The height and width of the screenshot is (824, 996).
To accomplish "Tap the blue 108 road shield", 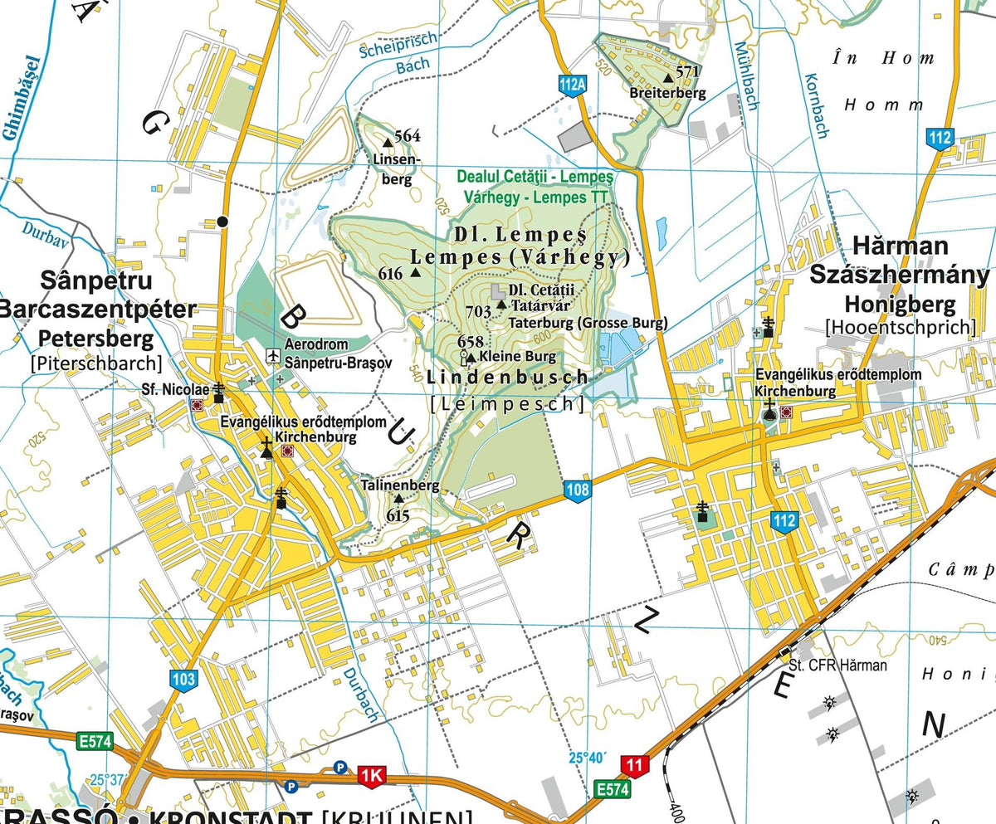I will click(578, 490).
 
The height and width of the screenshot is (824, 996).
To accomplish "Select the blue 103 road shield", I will click(184, 680).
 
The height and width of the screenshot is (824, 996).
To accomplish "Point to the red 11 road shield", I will click(634, 766).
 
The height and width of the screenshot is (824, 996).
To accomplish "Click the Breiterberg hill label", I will click(667, 93).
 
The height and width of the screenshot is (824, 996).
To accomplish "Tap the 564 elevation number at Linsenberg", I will click(408, 136).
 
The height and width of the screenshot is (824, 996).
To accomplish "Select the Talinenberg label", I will click(400, 485).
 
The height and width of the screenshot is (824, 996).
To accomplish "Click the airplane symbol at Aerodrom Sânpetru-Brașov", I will click(271, 355).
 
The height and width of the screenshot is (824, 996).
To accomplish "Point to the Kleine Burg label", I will click(506, 358).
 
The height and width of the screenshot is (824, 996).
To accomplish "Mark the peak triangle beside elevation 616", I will click(415, 272).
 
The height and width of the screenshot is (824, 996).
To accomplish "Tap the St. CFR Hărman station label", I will click(837, 665).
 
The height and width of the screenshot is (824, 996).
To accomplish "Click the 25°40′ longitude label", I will click(588, 758).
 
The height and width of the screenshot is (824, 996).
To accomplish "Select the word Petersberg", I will click(96, 339).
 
